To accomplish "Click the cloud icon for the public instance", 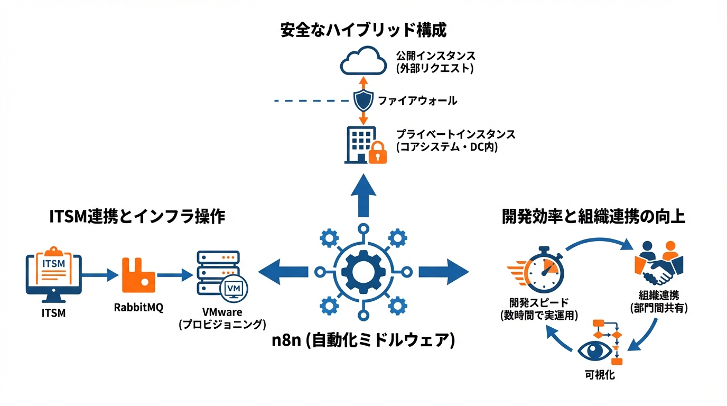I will click(363, 61).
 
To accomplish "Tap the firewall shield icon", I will click(363, 99).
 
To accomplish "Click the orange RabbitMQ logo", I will click(138, 275).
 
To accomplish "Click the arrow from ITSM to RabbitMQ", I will click(99, 274).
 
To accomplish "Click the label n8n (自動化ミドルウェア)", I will click(363, 340).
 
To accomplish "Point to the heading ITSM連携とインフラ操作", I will click(137, 216).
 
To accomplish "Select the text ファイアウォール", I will click(417, 100).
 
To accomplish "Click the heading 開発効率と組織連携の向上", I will click(593, 217).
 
